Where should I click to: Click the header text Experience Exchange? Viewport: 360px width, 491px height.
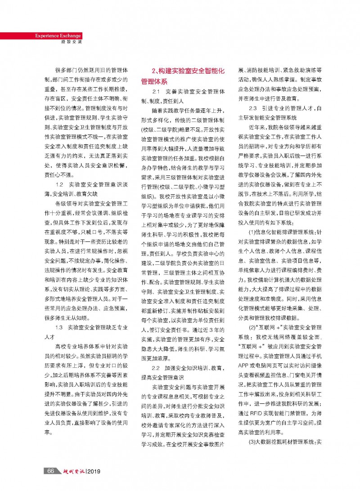tap(58, 36)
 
